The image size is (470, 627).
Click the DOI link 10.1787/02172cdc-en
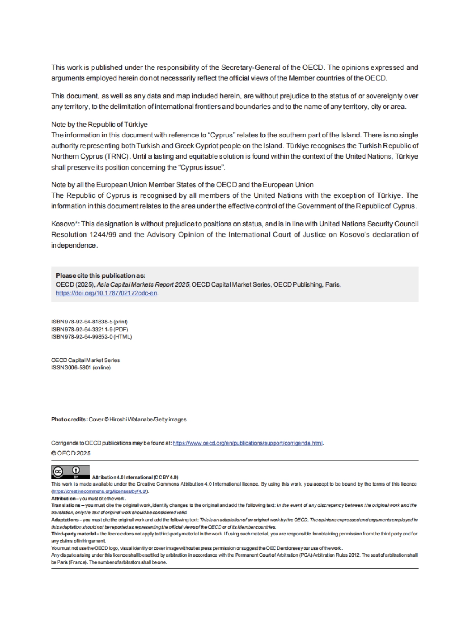pos(107,293)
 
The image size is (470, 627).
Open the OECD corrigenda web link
pos(248,443)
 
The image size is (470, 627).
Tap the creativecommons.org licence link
pos(100,491)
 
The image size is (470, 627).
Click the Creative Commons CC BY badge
pos(70,472)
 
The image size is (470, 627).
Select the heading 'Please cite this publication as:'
pos(101,275)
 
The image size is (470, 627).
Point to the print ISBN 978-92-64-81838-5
pos(89,322)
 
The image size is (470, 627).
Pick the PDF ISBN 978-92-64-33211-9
pos(89,329)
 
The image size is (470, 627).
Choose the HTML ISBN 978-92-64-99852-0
pos(92,337)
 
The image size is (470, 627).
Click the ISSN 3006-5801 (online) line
pos(81,367)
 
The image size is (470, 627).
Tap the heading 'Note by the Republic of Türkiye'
pos(99,125)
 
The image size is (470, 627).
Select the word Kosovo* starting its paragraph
pos(65,224)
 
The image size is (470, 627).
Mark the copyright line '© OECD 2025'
pos(71,453)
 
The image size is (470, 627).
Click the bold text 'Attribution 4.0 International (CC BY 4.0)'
pos(135,477)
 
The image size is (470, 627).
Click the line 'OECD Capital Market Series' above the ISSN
pos(86,360)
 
